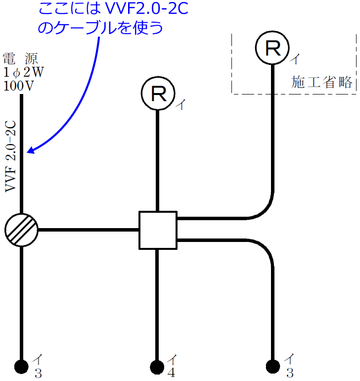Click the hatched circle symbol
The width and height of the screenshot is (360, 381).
(21, 230)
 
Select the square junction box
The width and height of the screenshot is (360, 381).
(157, 230)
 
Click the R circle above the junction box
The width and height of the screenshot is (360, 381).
(158, 93)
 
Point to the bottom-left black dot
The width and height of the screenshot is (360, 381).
(21, 366)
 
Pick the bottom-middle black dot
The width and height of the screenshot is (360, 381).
(157, 367)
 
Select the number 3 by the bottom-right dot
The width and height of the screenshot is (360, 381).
(290, 373)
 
